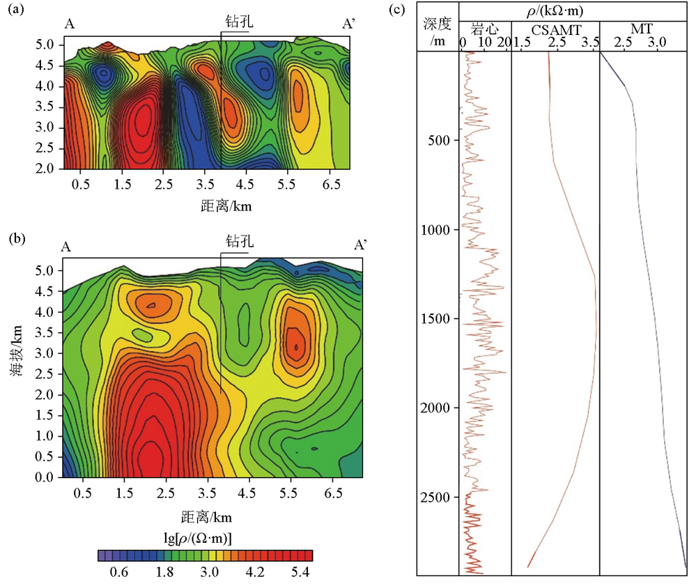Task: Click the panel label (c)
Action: tap(396, 9)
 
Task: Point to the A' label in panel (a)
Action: tap(349, 24)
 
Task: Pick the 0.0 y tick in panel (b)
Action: tap(45, 477)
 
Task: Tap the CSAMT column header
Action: tap(555, 29)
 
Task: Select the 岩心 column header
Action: tap(485, 29)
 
